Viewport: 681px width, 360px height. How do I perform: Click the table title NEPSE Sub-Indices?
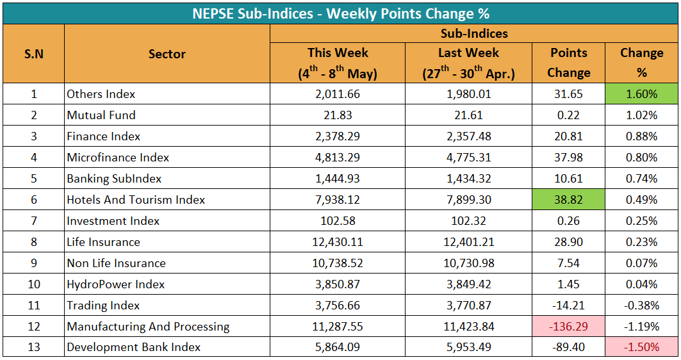(x=252, y=13)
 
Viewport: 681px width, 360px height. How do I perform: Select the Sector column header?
(x=167, y=54)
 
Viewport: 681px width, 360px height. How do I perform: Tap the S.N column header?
(x=34, y=54)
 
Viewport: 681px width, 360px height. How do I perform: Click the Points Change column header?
(x=568, y=63)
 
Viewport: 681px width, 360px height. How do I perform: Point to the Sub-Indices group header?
(x=474, y=33)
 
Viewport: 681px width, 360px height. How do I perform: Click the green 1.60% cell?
(x=641, y=94)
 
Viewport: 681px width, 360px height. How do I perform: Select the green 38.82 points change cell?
(x=568, y=200)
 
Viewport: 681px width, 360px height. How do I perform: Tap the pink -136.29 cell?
(x=568, y=326)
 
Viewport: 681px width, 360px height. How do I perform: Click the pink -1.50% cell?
(x=641, y=347)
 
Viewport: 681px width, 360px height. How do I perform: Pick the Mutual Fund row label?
(x=101, y=115)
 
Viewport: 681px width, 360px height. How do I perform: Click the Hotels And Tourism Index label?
(x=136, y=200)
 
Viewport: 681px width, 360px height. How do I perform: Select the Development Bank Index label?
(x=134, y=347)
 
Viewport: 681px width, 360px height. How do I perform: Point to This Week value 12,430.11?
(x=338, y=242)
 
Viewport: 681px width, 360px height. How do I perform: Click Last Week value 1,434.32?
(x=468, y=179)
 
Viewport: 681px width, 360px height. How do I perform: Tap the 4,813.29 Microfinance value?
(x=338, y=157)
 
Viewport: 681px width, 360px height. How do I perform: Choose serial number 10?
(x=34, y=284)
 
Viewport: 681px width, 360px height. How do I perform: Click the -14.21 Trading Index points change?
(x=568, y=306)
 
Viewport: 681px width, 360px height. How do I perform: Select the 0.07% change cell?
(x=641, y=263)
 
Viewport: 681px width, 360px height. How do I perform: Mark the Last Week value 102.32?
(x=468, y=220)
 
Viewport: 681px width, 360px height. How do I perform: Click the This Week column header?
(x=338, y=63)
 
